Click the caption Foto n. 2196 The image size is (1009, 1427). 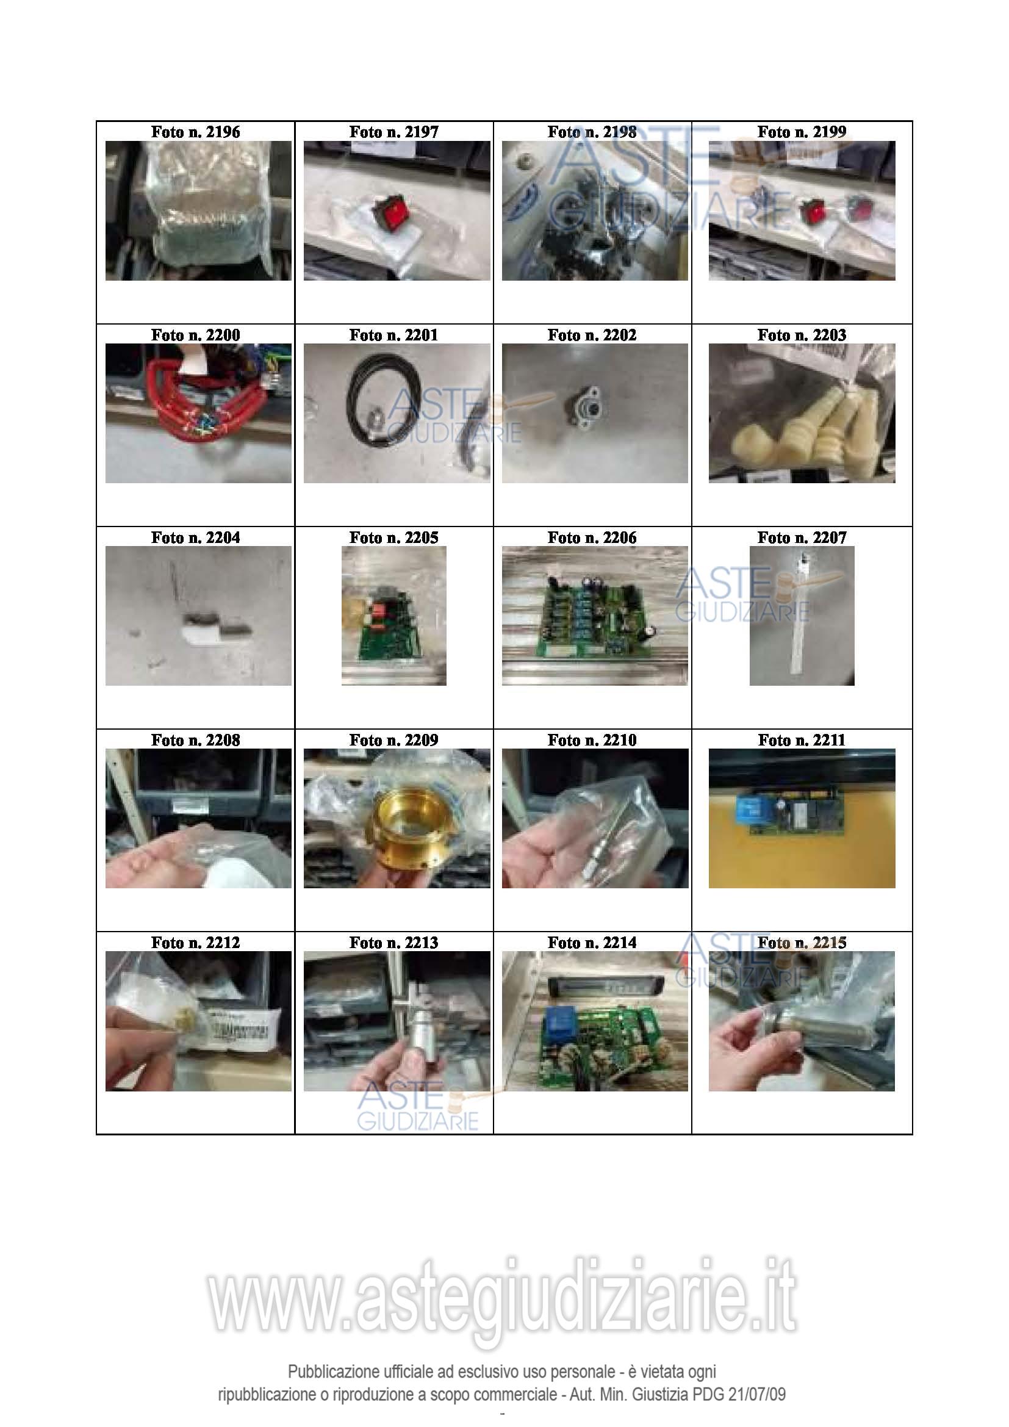(x=195, y=132)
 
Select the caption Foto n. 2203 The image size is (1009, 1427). (x=802, y=335)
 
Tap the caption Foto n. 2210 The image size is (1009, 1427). (x=592, y=740)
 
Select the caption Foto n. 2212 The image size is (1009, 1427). (x=195, y=943)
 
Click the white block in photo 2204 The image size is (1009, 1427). (x=202, y=632)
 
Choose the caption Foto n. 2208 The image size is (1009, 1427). (x=195, y=740)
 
